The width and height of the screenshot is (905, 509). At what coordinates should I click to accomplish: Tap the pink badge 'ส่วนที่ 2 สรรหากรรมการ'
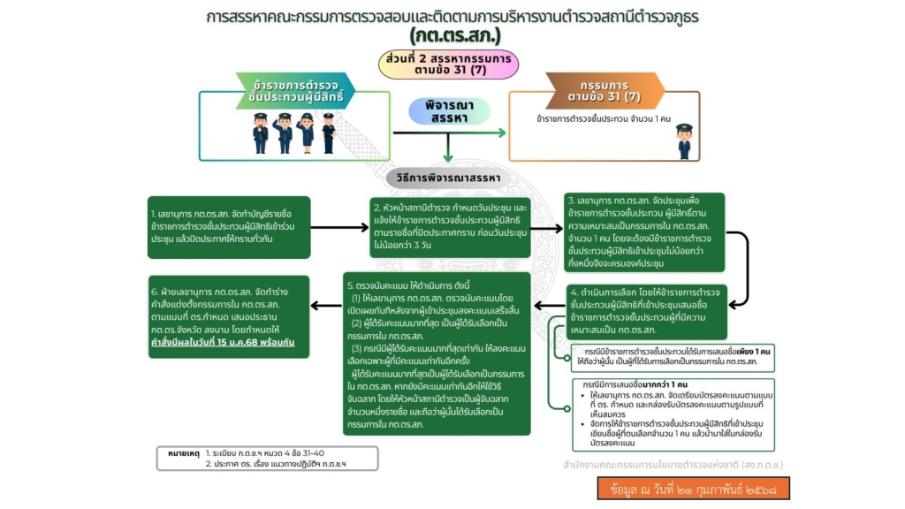pyautogui.click(x=449, y=64)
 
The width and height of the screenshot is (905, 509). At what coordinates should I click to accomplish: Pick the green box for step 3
pyautogui.click(x=643, y=231)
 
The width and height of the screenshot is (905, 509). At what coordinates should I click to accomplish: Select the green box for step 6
pyautogui.click(x=229, y=316)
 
